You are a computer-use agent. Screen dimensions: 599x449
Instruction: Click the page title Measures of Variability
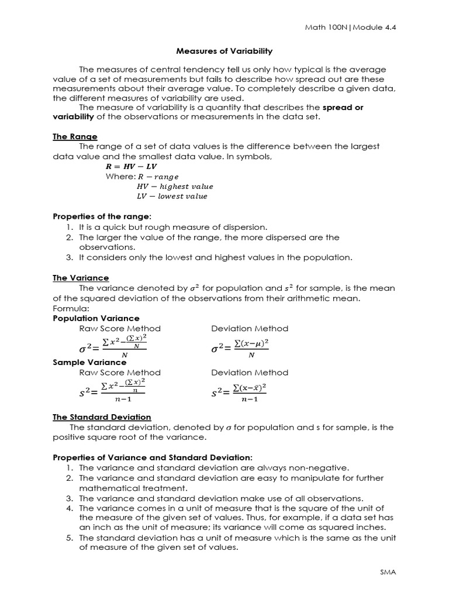tap(224, 51)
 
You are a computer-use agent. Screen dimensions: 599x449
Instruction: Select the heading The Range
tap(75, 136)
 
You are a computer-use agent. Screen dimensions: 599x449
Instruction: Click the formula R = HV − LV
tap(131, 166)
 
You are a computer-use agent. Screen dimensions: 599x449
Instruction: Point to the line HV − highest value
tap(174, 186)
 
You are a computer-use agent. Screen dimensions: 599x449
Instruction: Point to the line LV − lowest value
tap(171, 196)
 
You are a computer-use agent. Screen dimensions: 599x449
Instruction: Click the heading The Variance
tap(81, 278)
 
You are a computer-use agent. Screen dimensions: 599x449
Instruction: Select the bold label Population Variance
tap(96, 318)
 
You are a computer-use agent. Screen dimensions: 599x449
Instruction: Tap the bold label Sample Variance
tap(89, 362)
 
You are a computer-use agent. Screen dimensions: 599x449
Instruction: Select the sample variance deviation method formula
tap(239, 391)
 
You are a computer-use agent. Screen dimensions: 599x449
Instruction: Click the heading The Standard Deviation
tap(102, 417)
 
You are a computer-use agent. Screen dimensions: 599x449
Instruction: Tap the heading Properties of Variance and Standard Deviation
tap(153, 457)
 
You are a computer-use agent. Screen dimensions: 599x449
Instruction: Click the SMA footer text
tap(388, 572)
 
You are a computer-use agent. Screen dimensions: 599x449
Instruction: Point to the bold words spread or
tap(343, 107)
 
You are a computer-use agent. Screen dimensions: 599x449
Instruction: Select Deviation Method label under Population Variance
tap(250, 328)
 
